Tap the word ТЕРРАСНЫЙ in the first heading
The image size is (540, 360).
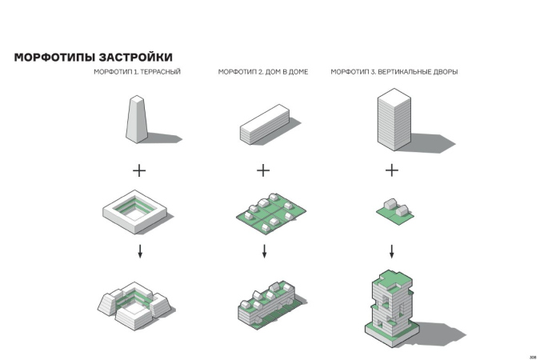(x=161, y=72)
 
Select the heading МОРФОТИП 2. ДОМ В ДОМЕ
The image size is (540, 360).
(x=263, y=72)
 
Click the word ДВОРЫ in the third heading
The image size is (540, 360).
(x=446, y=72)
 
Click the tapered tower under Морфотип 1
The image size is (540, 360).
(x=137, y=119)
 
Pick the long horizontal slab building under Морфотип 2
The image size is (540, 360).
(x=265, y=124)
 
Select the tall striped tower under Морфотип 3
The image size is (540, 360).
(x=394, y=119)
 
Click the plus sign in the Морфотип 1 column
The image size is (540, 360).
(x=139, y=170)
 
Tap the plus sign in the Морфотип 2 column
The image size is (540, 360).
(x=263, y=170)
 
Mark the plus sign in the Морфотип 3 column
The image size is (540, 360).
(x=392, y=170)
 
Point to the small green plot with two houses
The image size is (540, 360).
(x=395, y=211)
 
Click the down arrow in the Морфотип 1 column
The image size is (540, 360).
(x=140, y=251)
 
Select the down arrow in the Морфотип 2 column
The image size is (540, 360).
(x=264, y=251)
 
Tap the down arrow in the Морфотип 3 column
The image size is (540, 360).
(x=391, y=251)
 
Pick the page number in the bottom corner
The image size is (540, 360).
(x=533, y=358)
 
